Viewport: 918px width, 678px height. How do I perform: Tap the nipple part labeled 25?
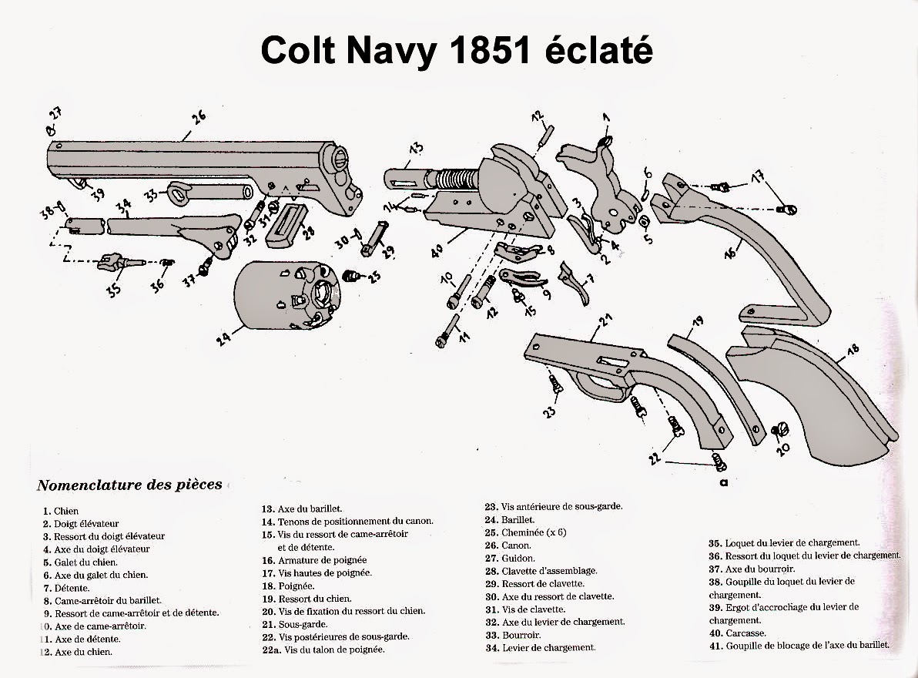pyautogui.click(x=351, y=276)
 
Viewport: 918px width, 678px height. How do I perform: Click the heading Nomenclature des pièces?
pyautogui.click(x=129, y=485)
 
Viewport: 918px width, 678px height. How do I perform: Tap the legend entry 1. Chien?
pyautogui.click(x=62, y=511)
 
